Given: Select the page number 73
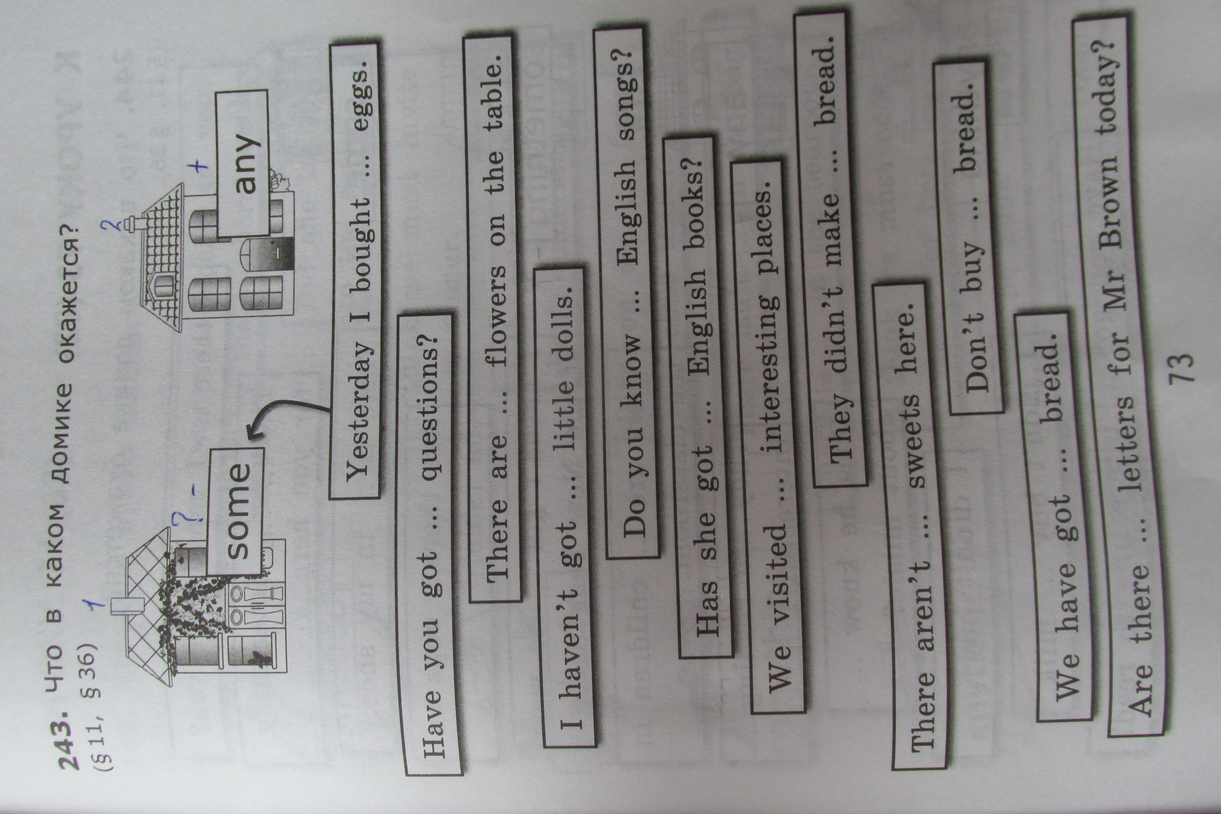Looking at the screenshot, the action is pyautogui.click(x=1181, y=368).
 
